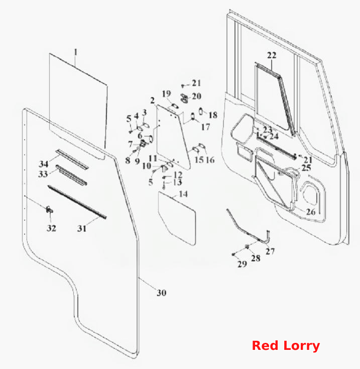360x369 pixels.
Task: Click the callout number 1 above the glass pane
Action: tap(75, 52)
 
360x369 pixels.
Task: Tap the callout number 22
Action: tap(272, 55)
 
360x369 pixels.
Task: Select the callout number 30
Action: tap(162, 293)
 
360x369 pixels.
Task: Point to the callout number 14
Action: tap(183, 194)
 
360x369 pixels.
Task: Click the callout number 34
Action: tap(44, 164)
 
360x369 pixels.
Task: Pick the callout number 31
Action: tap(82, 228)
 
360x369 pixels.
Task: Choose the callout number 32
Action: tap(51, 228)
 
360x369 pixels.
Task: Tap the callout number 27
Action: tap(270, 251)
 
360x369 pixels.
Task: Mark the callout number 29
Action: tap(242, 264)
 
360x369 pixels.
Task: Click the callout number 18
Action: tap(213, 115)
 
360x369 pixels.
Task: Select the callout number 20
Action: tap(197, 96)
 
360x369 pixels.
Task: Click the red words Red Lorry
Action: tap(286, 345)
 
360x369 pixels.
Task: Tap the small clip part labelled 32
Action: tap(49, 210)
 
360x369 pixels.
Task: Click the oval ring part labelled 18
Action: tap(201, 111)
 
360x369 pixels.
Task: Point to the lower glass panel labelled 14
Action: tap(177, 218)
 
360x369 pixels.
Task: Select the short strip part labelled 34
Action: tap(72, 159)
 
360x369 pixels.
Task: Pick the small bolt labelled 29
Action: tap(233, 254)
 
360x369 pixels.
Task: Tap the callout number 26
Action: tap(310, 212)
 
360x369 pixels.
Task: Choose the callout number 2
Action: tap(153, 101)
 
